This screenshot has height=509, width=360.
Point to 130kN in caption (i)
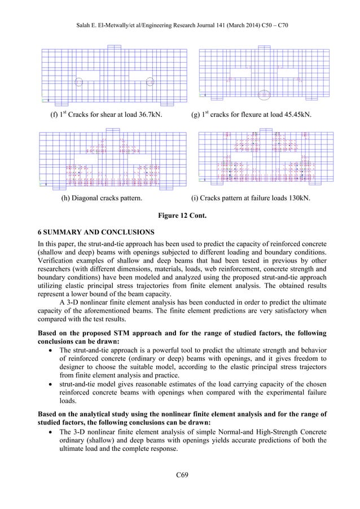point(298,199)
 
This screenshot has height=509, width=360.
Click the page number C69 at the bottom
point(181,480)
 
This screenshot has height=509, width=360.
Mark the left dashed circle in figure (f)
point(79,82)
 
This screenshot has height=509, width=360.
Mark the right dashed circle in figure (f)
point(150,82)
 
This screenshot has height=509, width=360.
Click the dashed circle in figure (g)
point(264,94)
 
